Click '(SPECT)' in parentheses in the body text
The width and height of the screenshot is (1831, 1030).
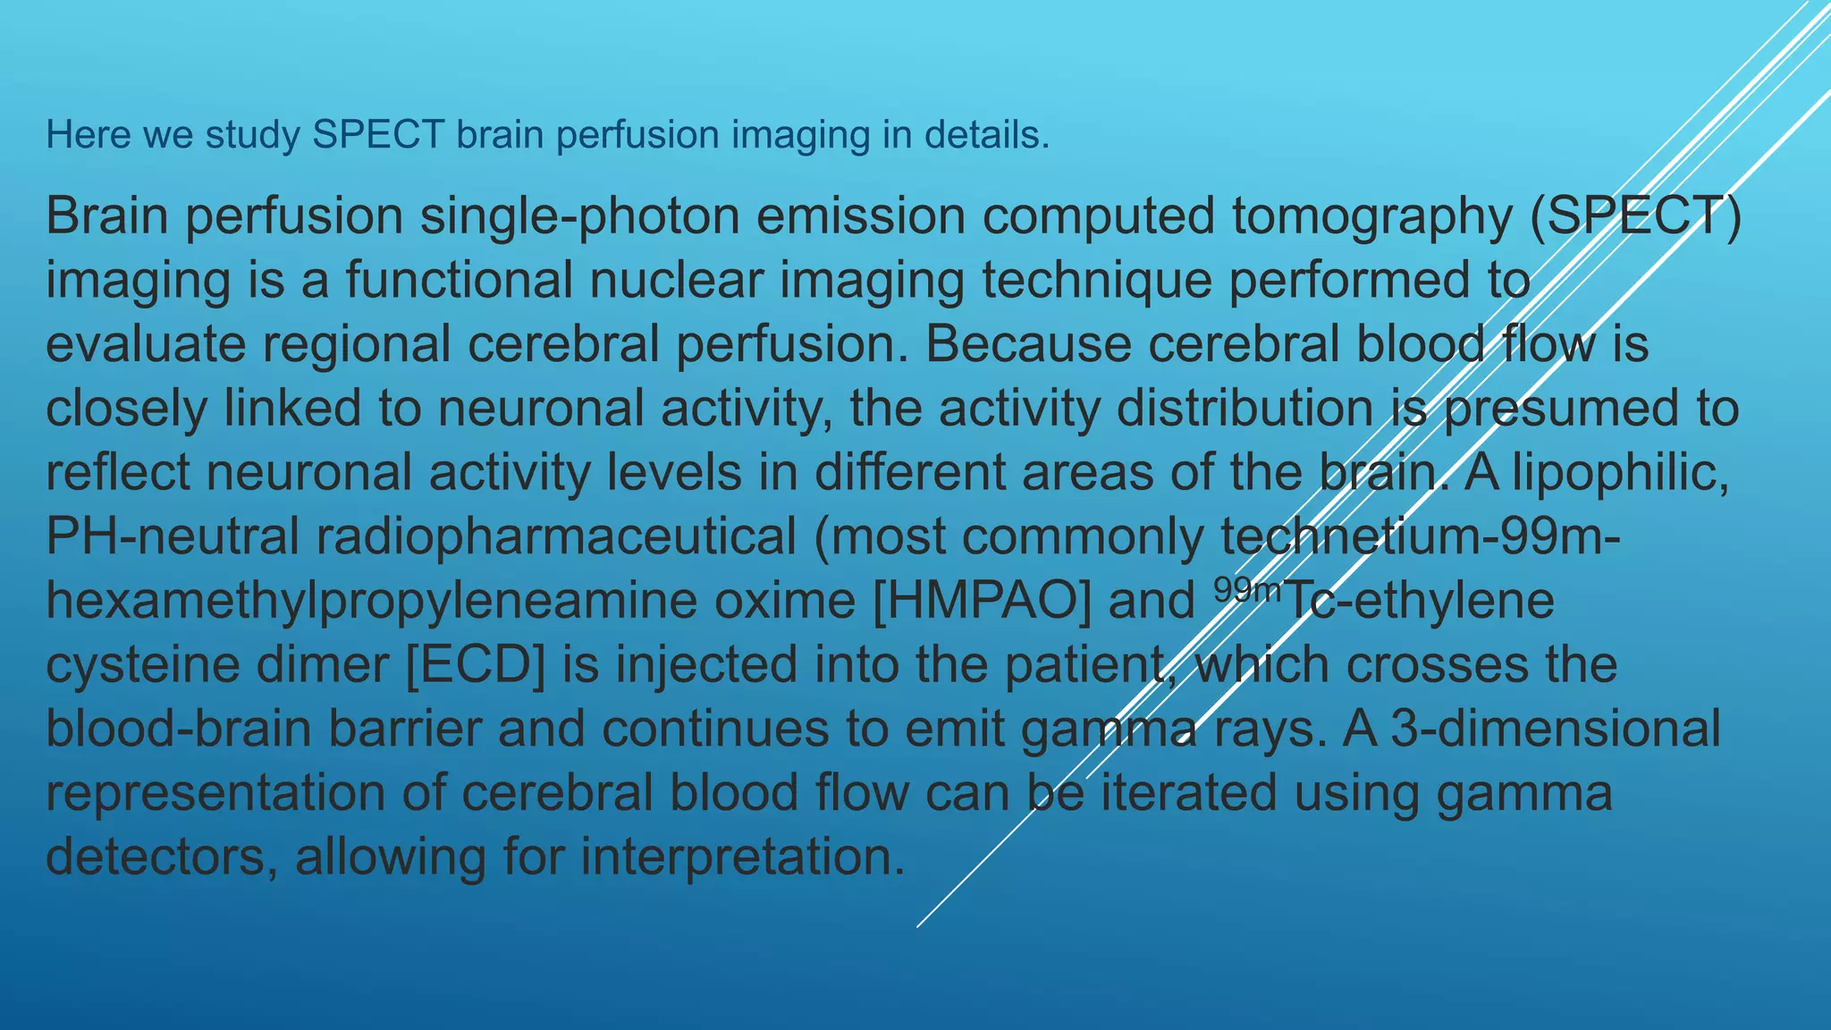[x=1635, y=217]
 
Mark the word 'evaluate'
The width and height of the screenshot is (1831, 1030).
[x=145, y=345]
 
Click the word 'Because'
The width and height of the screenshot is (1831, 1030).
[x=1027, y=345]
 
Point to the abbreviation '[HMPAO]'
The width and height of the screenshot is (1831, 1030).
[x=981, y=601]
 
